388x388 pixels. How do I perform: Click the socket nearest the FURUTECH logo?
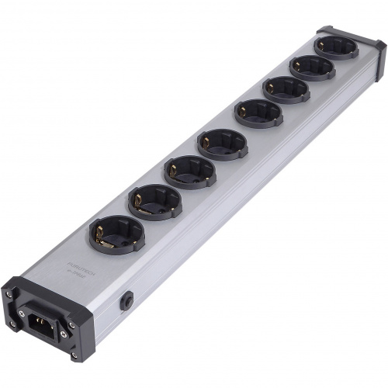tap(116, 232)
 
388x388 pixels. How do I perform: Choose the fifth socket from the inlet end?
tap(258, 113)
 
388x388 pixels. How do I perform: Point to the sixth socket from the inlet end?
tap(286, 88)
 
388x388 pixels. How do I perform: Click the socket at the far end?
tap(336, 47)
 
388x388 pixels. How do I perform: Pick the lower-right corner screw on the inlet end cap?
tap(74, 355)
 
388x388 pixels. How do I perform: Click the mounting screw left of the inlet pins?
tap(21, 313)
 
